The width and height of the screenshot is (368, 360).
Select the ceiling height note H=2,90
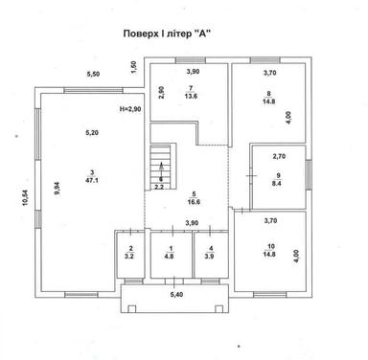[x=132, y=110]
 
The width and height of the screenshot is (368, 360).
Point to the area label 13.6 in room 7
[x=192, y=96]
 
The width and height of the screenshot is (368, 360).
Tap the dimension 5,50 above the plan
[x=92, y=74]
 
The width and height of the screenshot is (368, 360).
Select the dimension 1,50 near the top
[x=134, y=66]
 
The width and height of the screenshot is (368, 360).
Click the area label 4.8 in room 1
[x=170, y=258]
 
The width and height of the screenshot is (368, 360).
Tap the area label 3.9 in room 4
[x=210, y=258]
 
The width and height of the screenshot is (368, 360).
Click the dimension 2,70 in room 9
[x=279, y=155]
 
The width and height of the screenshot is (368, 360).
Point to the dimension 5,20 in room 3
[x=92, y=133]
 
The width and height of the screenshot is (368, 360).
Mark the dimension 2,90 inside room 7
[x=163, y=93]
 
